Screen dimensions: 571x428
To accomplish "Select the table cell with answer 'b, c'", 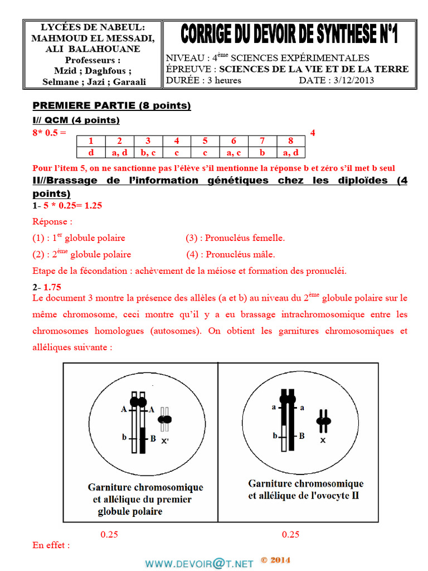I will pos(148,152).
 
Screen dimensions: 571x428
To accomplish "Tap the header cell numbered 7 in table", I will pos(262,141).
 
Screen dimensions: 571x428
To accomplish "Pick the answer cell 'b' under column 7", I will pos(262,152).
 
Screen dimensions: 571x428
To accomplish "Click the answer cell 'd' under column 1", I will pos(90,152).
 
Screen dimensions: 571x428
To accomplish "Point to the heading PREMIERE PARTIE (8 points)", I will pos(111,105).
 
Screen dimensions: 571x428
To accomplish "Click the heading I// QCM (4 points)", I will pos(76,120).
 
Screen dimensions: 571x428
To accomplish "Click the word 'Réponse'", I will pos(51,221).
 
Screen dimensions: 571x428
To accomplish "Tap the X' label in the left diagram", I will pos(165,441).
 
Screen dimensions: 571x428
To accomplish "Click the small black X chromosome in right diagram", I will pos(323,421).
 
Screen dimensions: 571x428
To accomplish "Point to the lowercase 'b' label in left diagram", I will pos(125,438).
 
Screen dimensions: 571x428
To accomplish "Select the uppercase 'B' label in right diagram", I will pos(301,436).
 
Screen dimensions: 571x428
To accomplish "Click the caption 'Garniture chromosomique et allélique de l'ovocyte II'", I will pos(305,490).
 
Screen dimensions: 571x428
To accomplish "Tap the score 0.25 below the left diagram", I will pos(109,534).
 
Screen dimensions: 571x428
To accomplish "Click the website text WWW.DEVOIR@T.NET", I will pos(200,563).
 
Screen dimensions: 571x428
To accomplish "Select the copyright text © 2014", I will pos(275,560).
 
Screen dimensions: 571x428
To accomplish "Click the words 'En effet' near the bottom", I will pos(51,545).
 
